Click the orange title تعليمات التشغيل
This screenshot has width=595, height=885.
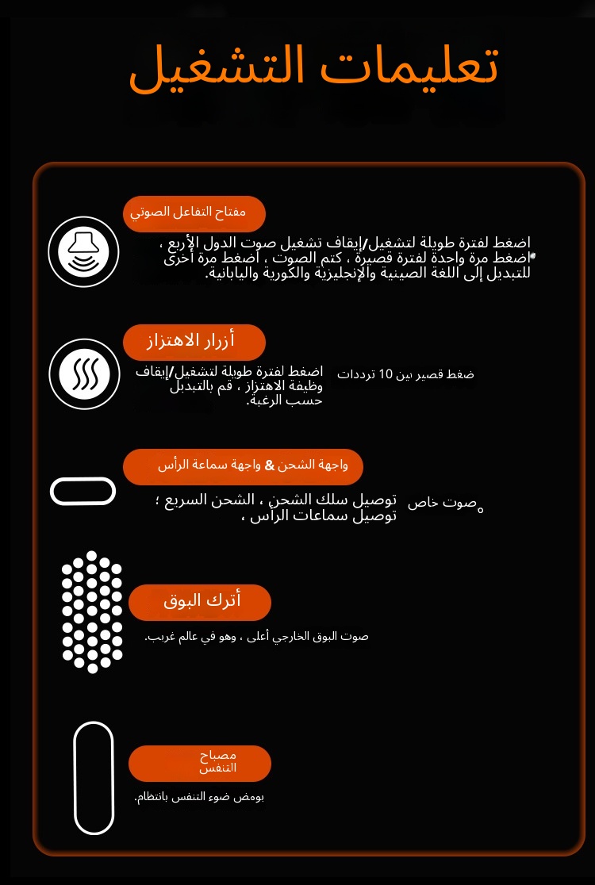tap(313, 67)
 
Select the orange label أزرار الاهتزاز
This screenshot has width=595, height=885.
tap(194, 342)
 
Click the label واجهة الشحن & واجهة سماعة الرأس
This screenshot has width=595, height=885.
tap(243, 465)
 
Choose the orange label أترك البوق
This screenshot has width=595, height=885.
tap(200, 602)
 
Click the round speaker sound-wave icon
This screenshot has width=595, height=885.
tap(83, 251)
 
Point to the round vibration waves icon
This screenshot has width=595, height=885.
tap(83, 374)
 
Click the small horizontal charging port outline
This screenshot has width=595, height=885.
tap(83, 491)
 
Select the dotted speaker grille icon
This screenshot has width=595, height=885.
tap(92, 611)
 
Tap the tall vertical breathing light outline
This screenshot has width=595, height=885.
tap(94, 777)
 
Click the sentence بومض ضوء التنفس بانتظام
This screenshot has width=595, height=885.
tap(199, 797)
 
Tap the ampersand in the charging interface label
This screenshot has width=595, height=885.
tap(270, 465)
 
